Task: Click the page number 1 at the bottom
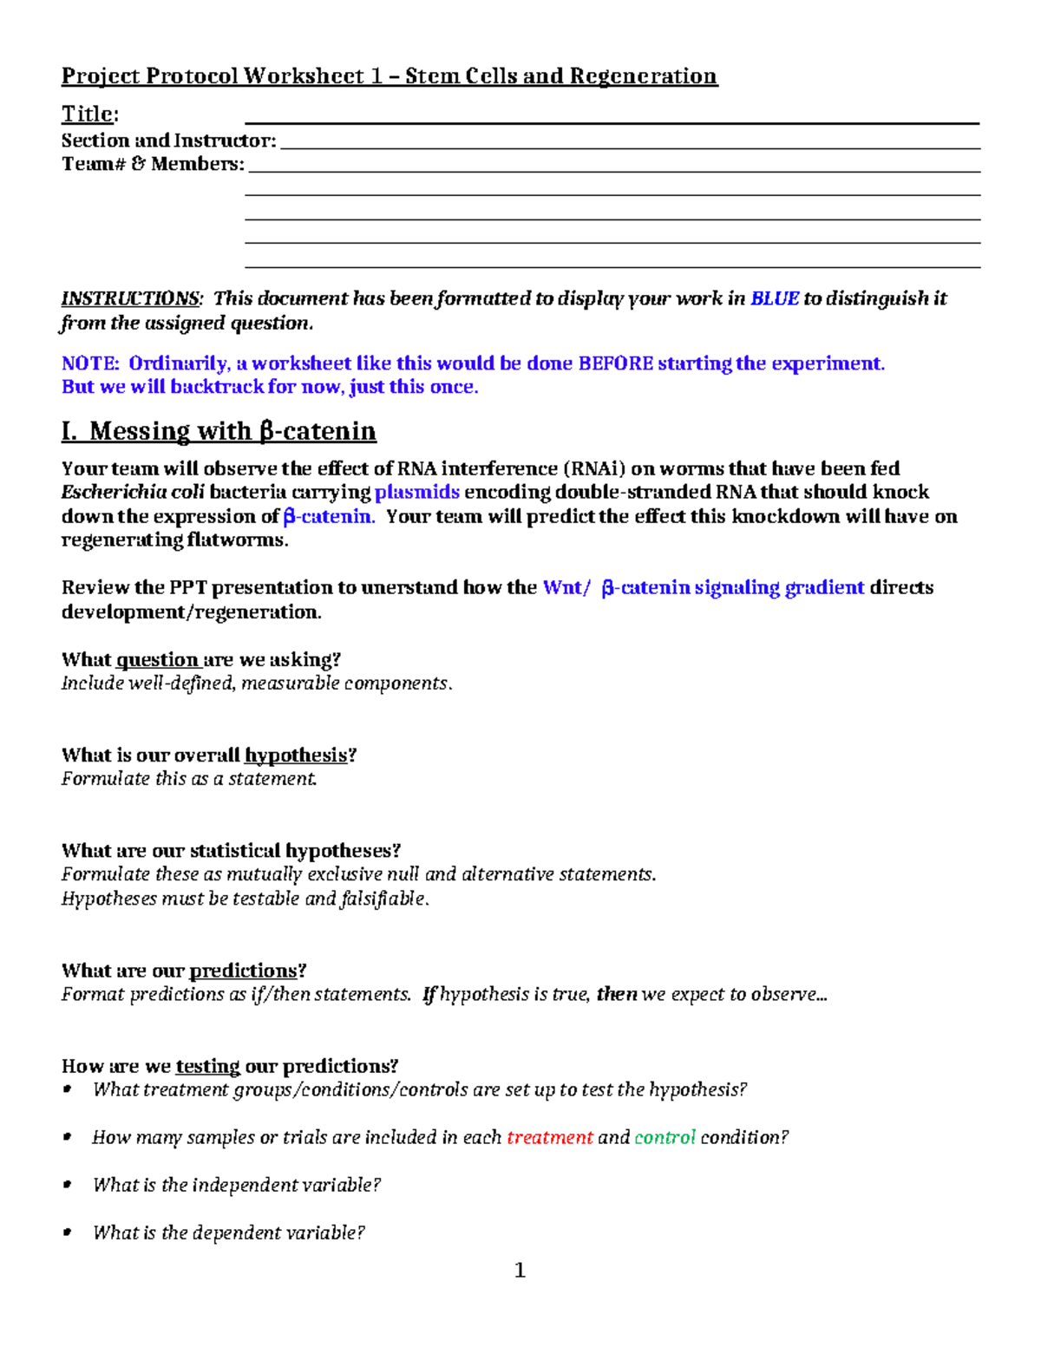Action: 520,1271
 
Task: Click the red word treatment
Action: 549,1137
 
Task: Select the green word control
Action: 665,1137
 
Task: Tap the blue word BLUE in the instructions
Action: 774,298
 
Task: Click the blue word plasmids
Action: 416,492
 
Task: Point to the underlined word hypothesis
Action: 296,755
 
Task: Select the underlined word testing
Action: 207,1066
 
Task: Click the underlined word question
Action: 158,659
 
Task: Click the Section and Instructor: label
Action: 168,141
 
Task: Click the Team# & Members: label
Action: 153,164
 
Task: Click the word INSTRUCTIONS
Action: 131,298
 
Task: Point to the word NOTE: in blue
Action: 89,363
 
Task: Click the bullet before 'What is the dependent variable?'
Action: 68,1233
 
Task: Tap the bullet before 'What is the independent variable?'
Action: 68,1185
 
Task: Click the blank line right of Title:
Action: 612,121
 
